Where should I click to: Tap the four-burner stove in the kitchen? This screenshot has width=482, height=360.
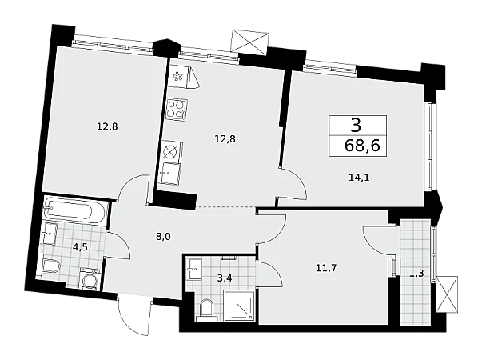(176, 110)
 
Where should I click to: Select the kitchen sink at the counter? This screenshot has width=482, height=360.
(169, 174)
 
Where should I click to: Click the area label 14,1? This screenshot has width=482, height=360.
(359, 178)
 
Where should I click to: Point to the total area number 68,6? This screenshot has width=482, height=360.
(362, 146)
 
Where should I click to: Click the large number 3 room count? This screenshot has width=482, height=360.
(356, 126)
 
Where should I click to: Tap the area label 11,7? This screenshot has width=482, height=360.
(326, 268)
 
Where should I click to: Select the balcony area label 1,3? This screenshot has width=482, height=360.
(416, 273)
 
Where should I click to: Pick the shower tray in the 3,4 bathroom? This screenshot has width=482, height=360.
(240, 306)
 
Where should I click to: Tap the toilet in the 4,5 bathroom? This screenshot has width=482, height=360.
(50, 266)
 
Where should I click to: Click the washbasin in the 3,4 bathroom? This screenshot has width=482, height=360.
(195, 269)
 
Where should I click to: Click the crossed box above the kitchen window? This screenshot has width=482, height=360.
(250, 41)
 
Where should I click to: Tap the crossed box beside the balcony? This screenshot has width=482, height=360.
(448, 294)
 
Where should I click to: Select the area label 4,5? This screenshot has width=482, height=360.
(77, 246)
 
